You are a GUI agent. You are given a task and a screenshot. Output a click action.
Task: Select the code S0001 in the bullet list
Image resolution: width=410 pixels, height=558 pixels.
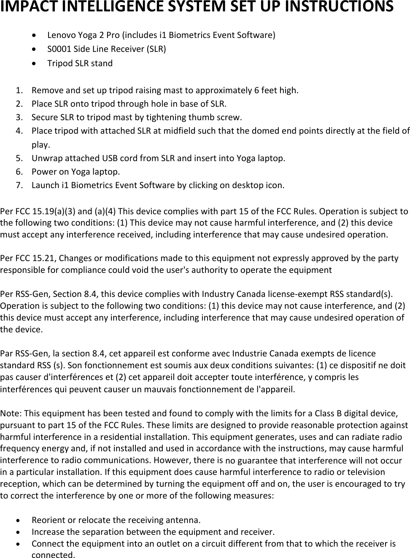(59, 49)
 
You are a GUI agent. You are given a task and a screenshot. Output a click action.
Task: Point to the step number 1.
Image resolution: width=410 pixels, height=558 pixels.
(19, 90)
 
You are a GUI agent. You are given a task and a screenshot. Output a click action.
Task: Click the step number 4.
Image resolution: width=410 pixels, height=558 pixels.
(19, 131)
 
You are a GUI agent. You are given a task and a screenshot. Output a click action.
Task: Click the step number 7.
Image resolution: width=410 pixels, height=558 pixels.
(19, 185)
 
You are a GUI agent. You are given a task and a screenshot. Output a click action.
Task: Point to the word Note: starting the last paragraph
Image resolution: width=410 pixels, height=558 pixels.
(10, 412)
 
